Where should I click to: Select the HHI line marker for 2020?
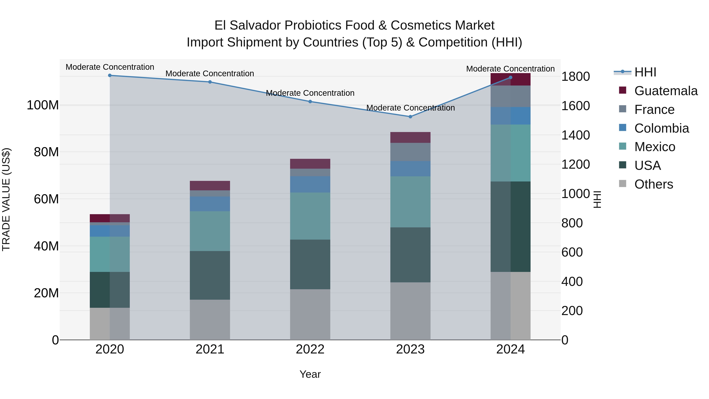coord(110,75)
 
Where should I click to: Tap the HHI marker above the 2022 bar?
coord(310,101)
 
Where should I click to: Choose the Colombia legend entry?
coord(661,128)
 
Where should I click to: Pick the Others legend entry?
coord(653,184)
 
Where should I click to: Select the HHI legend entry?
coord(645,72)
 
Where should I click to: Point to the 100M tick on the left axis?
coord(43,105)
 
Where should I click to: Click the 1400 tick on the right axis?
coord(575,135)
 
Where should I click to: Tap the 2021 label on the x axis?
coord(210,349)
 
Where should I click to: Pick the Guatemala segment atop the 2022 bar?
coord(310,164)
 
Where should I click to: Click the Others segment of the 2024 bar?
coord(510,306)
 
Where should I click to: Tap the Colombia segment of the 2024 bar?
coord(510,116)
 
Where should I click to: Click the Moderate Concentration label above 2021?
coord(210,73)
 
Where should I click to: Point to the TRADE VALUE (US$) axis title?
coord(6,199)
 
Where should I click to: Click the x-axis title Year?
coord(310,374)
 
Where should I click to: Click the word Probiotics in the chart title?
coord(313,25)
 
